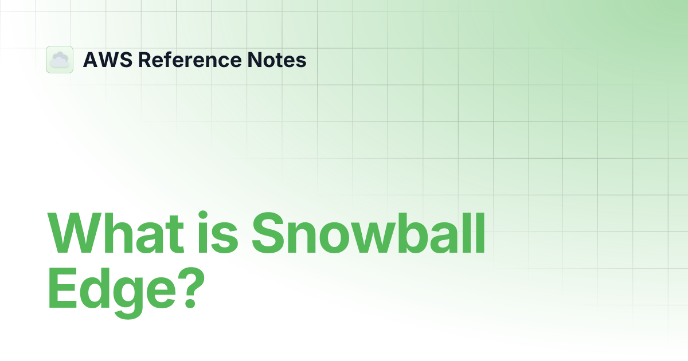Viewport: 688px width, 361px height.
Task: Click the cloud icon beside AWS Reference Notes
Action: coord(60,60)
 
